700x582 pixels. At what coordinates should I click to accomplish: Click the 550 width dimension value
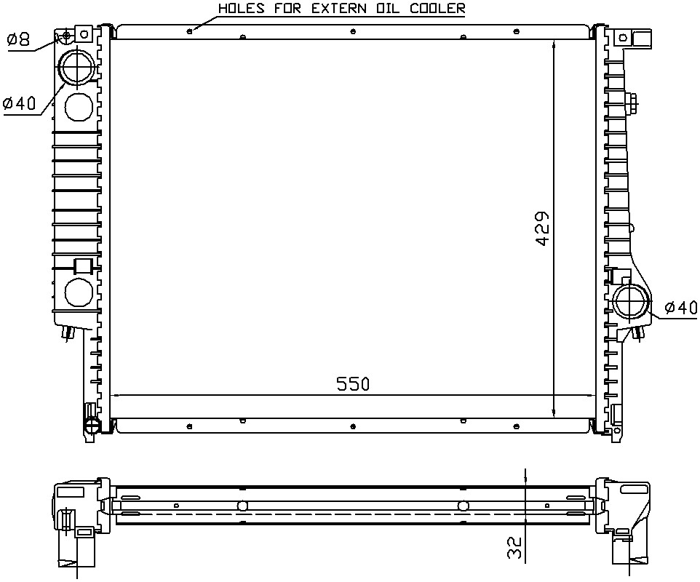coord(353,384)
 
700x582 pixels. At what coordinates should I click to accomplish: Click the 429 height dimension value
coord(542,228)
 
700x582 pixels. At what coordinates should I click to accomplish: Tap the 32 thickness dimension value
coord(514,547)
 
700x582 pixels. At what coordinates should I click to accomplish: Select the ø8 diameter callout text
coord(18,39)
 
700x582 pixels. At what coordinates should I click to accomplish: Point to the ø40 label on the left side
coord(19,103)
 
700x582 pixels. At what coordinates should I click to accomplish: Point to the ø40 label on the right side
coord(680,308)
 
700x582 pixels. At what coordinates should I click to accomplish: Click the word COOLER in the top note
coord(437,9)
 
